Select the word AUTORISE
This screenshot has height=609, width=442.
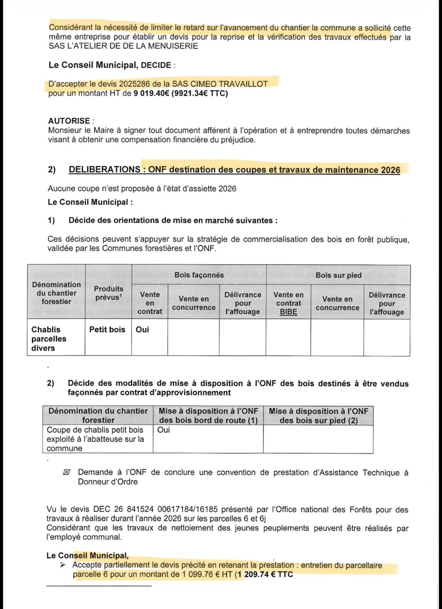click(x=69, y=121)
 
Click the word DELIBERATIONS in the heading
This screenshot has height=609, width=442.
click(x=104, y=170)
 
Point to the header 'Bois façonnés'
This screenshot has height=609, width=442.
click(x=199, y=275)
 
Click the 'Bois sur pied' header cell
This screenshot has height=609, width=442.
click(x=338, y=275)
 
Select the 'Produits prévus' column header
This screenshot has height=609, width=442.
click(x=108, y=293)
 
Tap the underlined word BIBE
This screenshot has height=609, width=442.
click(x=288, y=312)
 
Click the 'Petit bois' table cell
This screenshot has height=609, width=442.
click(x=107, y=329)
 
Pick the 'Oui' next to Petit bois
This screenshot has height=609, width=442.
click(x=142, y=329)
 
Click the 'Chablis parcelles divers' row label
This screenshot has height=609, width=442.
click(x=48, y=339)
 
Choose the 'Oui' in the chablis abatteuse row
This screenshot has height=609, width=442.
click(x=164, y=430)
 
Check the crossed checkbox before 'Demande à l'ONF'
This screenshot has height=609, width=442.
click(x=66, y=472)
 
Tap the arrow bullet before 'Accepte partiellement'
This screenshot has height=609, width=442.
click(x=63, y=565)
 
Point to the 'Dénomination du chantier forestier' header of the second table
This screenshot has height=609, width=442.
click(x=98, y=415)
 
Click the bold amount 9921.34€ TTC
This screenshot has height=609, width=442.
click(x=200, y=93)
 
